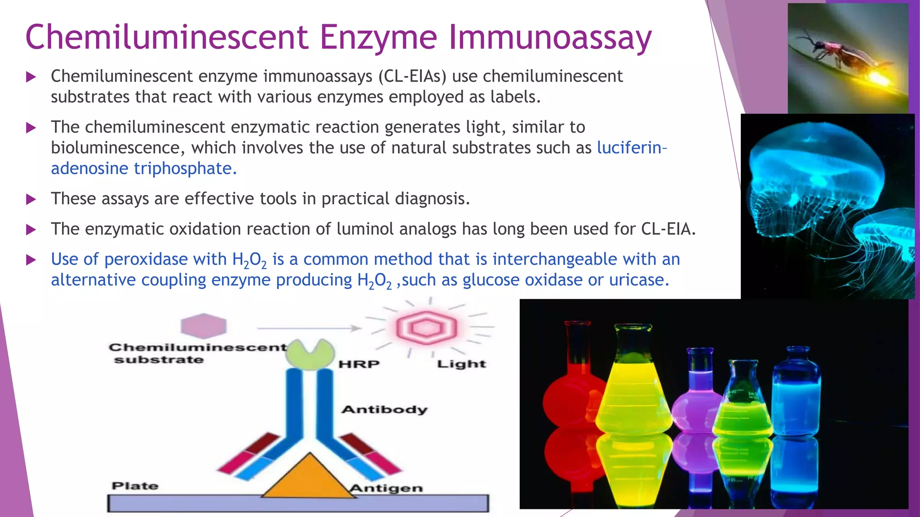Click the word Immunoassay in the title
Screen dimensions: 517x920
pyautogui.click(x=550, y=38)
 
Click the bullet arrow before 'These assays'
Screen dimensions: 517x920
pyautogui.click(x=31, y=199)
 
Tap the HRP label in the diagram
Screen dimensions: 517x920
pyautogui.click(x=358, y=364)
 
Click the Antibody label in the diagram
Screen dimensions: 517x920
pyautogui.click(x=384, y=409)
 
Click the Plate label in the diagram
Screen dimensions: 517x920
pyautogui.click(x=135, y=486)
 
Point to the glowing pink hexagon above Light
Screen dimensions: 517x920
pyautogui.click(x=426, y=328)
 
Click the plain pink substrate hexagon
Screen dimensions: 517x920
pyautogui.click(x=203, y=326)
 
